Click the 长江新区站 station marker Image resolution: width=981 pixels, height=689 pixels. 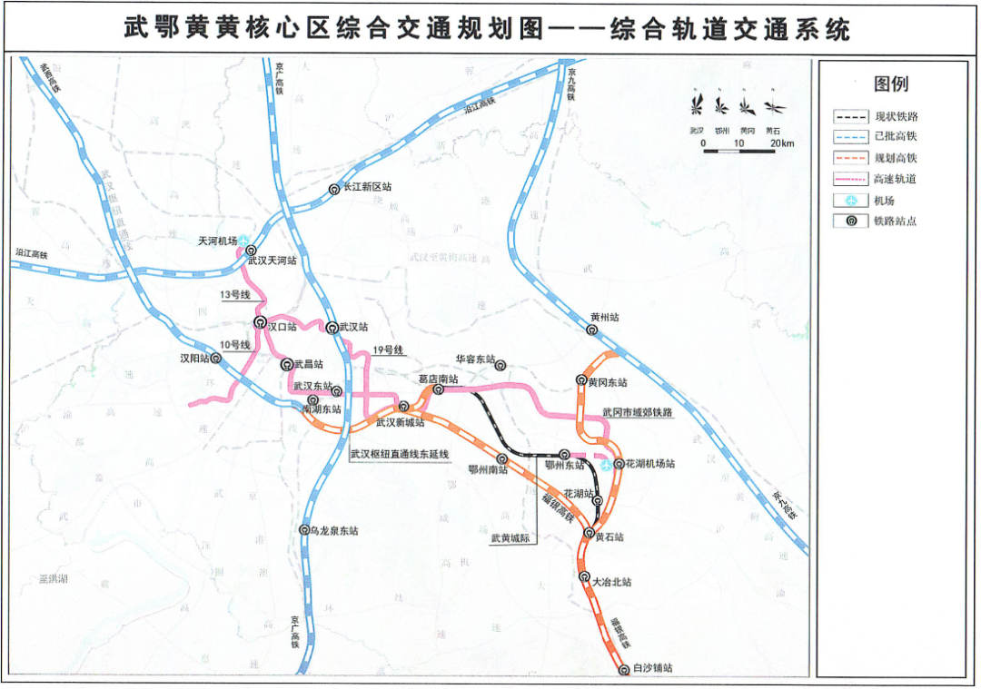[334, 189]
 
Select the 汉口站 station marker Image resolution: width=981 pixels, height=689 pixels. [260, 322]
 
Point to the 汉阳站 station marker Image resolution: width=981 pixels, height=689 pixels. [216, 359]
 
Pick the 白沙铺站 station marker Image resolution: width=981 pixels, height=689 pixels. [624, 670]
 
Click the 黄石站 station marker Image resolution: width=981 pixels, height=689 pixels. [590, 533]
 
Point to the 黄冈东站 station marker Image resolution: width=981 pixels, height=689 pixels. [581, 380]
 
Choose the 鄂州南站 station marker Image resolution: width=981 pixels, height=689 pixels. [501, 459]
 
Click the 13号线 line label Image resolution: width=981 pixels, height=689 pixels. [234, 295]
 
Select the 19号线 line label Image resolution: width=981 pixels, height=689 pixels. [389, 350]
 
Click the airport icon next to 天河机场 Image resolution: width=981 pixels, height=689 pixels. [243, 239]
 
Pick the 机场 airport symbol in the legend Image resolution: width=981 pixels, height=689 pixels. [850, 200]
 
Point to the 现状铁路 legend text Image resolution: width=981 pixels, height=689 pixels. [896, 116]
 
